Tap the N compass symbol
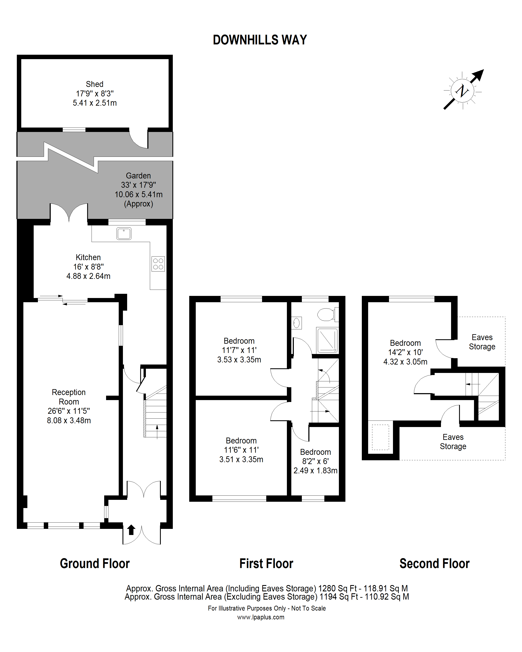(x=462, y=91)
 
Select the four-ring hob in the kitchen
(x=158, y=264)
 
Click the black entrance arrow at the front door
(x=131, y=530)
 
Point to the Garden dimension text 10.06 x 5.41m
(x=138, y=194)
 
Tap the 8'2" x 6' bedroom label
(x=316, y=461)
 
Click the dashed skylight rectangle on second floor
(x=380, y=437)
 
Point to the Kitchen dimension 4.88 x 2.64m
(x=88, y=276)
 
